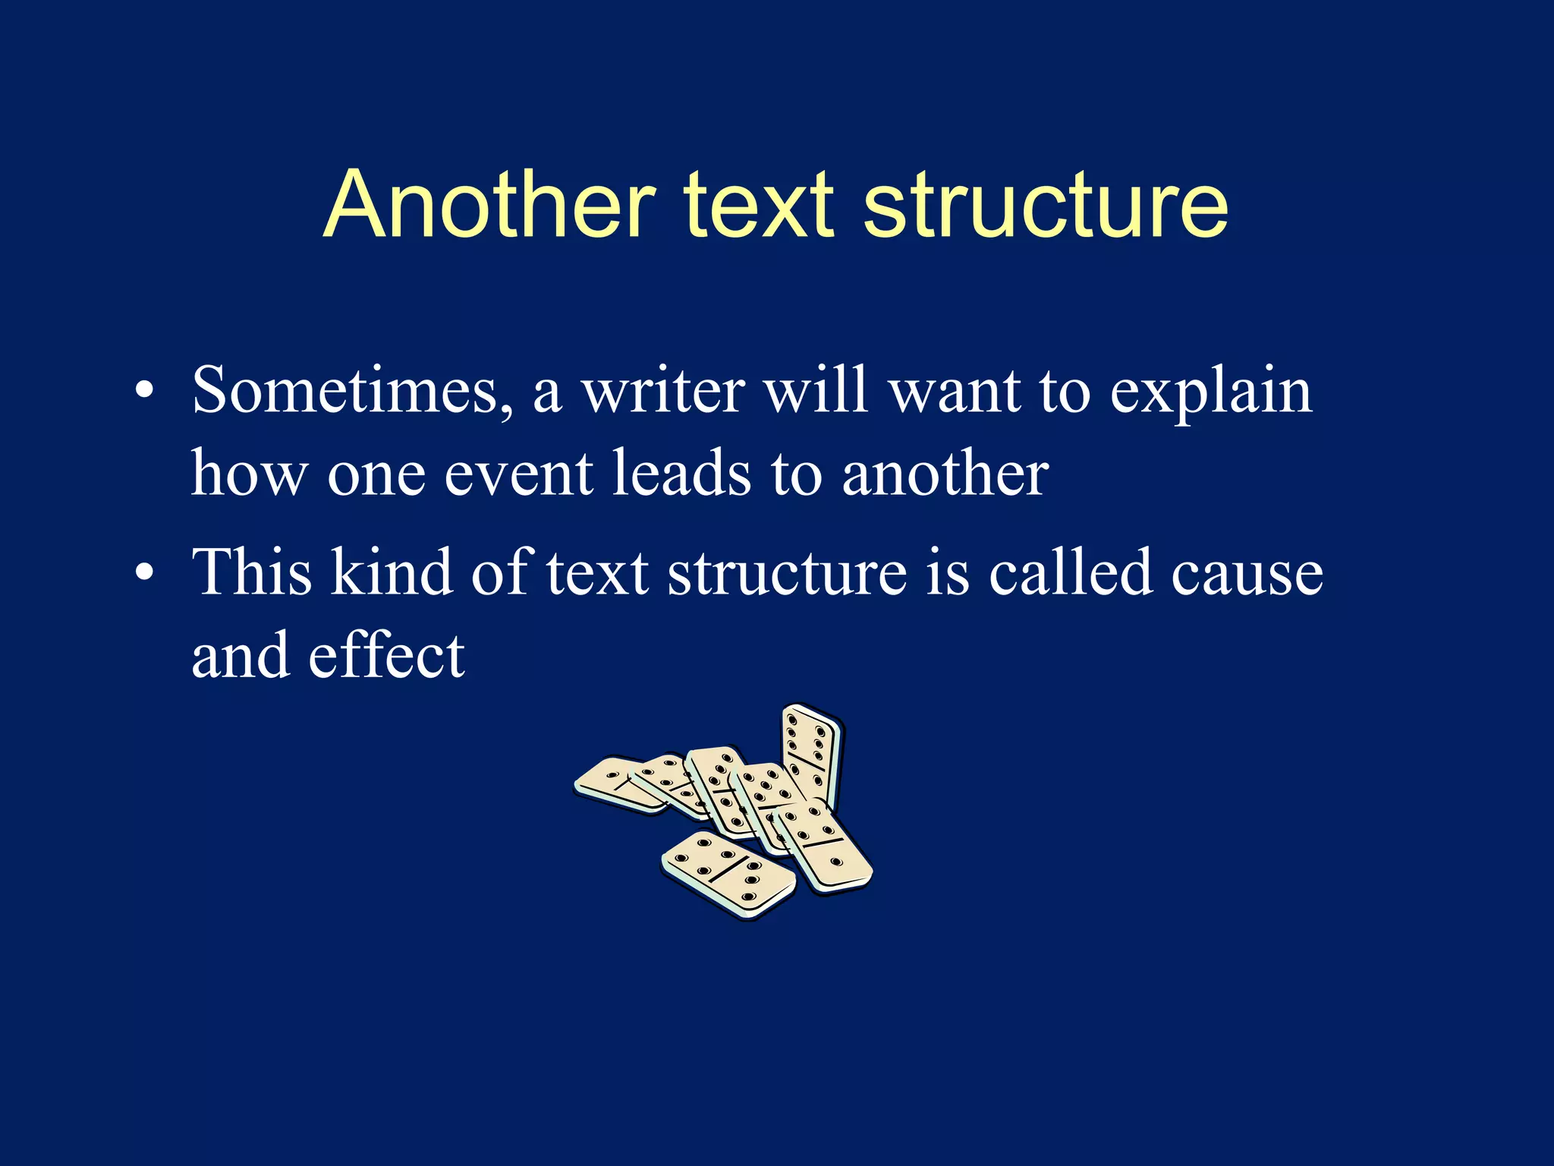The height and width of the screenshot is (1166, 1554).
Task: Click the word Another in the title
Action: click(489, 205)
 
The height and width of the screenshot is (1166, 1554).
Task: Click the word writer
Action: click(663, 391)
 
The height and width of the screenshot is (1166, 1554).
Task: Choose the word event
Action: click(518, 474)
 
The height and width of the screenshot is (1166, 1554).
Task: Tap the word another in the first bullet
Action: click(945, 474)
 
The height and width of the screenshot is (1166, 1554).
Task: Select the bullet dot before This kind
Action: click(144, 574)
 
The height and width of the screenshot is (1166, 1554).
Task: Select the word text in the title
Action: click(759, 205)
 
